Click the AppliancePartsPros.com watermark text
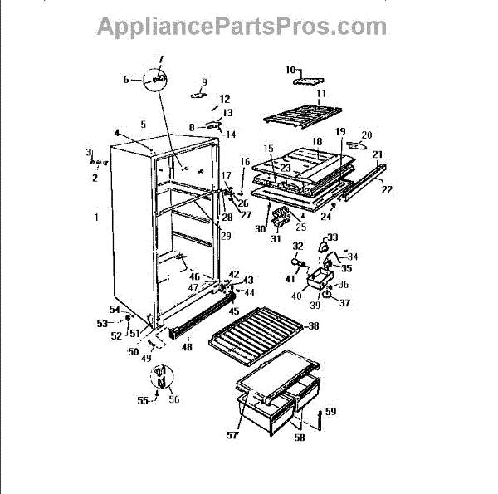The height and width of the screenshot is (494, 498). coord(242,27)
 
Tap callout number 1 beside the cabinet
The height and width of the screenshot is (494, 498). coord(97,218)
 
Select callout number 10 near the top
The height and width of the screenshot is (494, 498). coord(291,70)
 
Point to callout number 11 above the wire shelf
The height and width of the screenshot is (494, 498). coord(321,93)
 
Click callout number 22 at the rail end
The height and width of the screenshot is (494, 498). coord(388,190)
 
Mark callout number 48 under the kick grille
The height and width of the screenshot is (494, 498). coord(186,348)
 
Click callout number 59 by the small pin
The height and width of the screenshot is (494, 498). coord(331,412)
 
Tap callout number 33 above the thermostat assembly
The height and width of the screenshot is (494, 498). coord(333,237)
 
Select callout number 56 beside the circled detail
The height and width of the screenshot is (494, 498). coord(173,399)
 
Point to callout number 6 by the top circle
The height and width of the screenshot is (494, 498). coord(127,80)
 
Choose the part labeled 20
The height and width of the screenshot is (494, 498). coord(359,144)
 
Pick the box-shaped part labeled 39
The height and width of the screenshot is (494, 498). coord(315,282)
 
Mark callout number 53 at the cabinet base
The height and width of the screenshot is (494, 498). coord(103,322)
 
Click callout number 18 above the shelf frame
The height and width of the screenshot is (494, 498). coord(316,143)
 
